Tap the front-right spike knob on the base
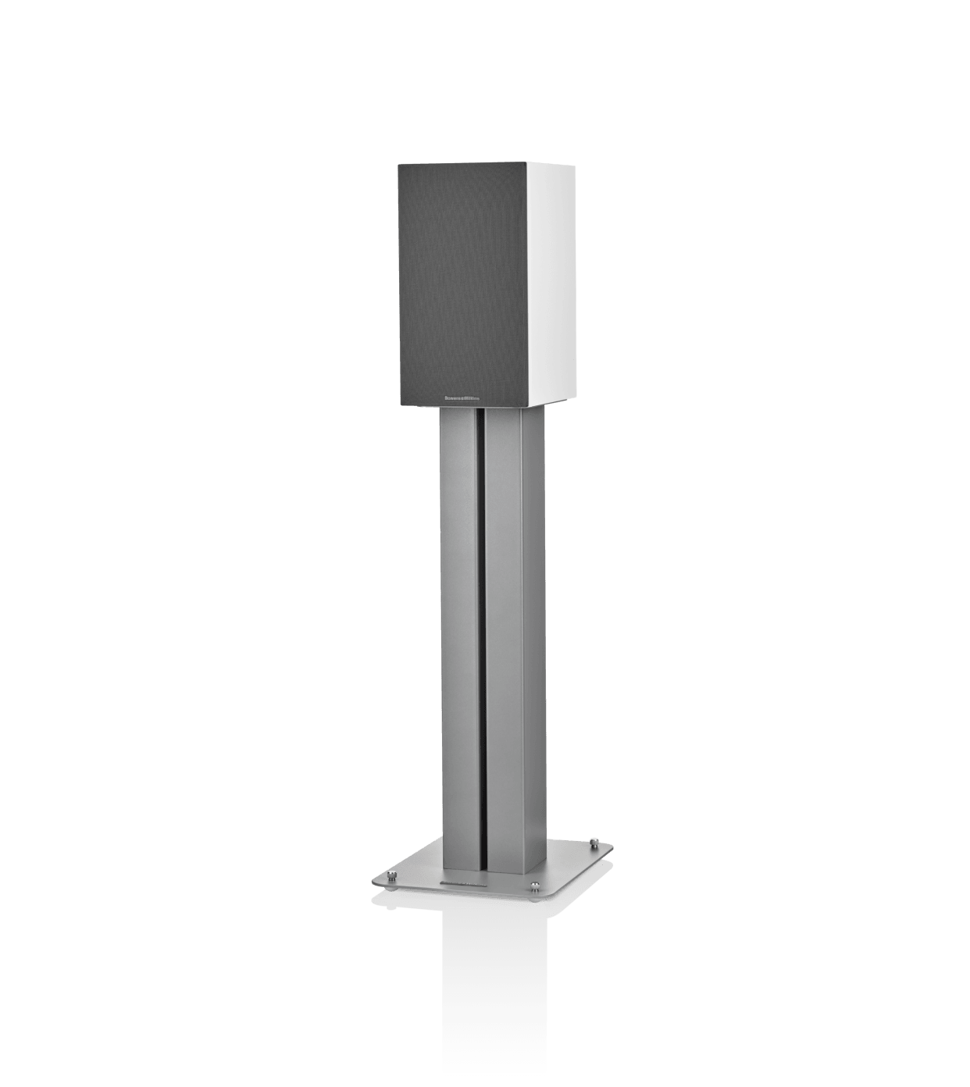[534, 885]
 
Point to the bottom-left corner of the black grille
[399, 405]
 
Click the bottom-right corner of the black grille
[530, 406]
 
